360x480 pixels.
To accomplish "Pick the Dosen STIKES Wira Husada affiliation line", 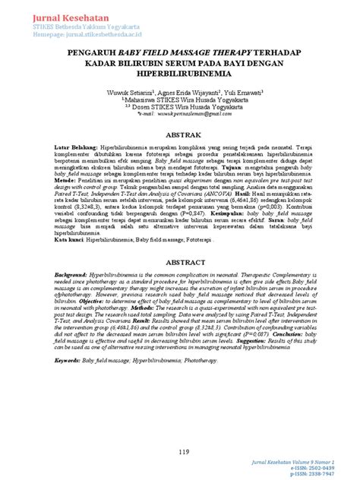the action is pos(181,107).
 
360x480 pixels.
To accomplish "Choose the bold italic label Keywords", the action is pos(71,352).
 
